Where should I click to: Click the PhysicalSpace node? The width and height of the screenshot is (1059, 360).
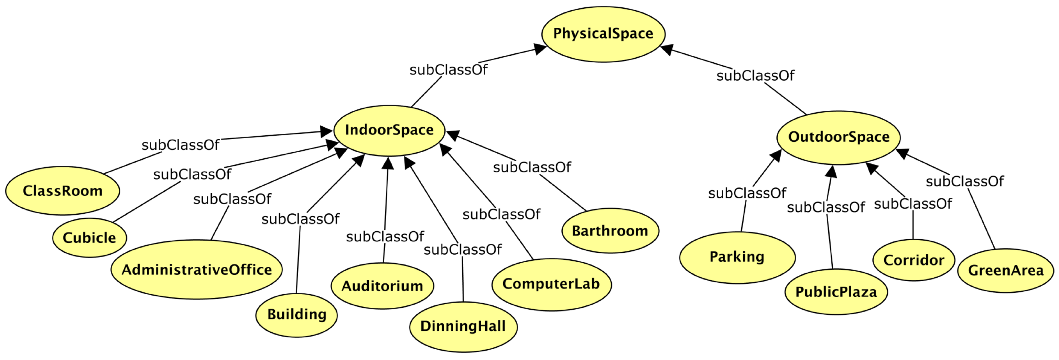click(x=603, y=34)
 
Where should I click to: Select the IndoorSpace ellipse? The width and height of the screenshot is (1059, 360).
click(x=389, y=130)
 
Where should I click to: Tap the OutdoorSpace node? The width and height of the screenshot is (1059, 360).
click(x=838, y=137)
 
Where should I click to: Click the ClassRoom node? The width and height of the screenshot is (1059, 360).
click(x=63, y=191)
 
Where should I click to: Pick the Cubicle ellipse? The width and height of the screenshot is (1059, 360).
click(x=89, y=238)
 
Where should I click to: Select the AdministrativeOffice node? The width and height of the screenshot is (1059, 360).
click(x=196, y=270)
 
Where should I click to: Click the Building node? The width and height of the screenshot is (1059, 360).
click(x=296, y=315)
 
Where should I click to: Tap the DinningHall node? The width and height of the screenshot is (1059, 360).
click(x=463, y=326)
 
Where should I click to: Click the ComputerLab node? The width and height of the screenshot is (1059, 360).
click(x=551, y=284)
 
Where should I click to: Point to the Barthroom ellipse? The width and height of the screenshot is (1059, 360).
click(x=610, y=231)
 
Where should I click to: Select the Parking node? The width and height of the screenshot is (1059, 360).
click(x=737, y=257)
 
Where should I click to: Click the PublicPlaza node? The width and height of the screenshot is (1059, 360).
click(x=836, y=292)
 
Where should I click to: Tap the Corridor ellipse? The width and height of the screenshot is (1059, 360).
click(x=914, y=260)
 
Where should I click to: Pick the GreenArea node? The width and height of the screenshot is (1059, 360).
click(x=1006, y=270)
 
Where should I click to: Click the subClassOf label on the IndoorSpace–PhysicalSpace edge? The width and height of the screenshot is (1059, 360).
click(x=448, y=70)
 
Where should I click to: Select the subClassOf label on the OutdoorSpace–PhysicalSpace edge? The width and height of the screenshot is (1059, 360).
click(x=755, y=76)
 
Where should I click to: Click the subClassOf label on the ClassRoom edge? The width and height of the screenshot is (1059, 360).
click(x=180, y=145)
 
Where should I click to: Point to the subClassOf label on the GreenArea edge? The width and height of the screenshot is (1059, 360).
click(x=964, y=181)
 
